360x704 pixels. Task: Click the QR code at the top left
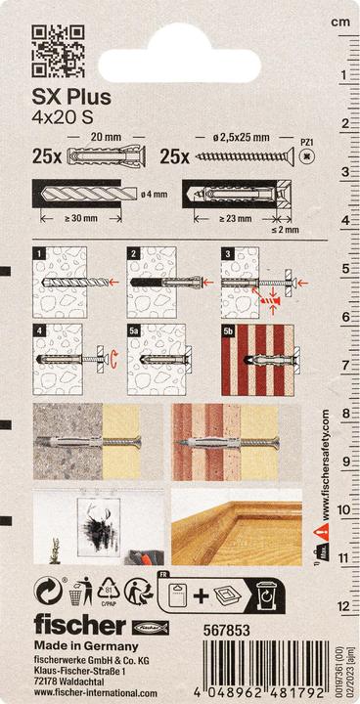pyautogui.click(x=58, y=52)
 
